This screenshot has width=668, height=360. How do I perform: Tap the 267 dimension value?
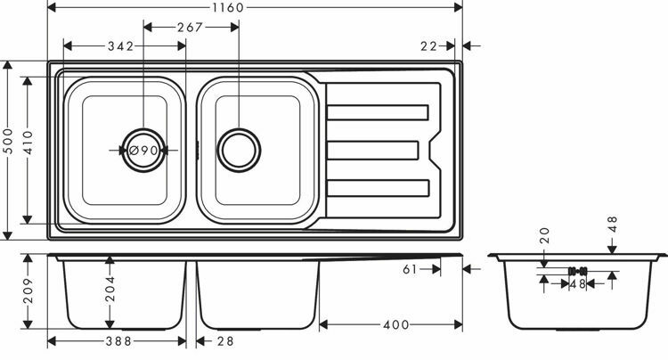191,28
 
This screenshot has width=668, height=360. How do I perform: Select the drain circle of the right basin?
240,149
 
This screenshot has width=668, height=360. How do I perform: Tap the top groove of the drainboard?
379,112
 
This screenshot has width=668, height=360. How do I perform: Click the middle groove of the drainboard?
373,150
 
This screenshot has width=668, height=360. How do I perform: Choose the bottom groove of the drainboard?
379,188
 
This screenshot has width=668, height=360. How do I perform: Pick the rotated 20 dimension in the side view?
544,235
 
